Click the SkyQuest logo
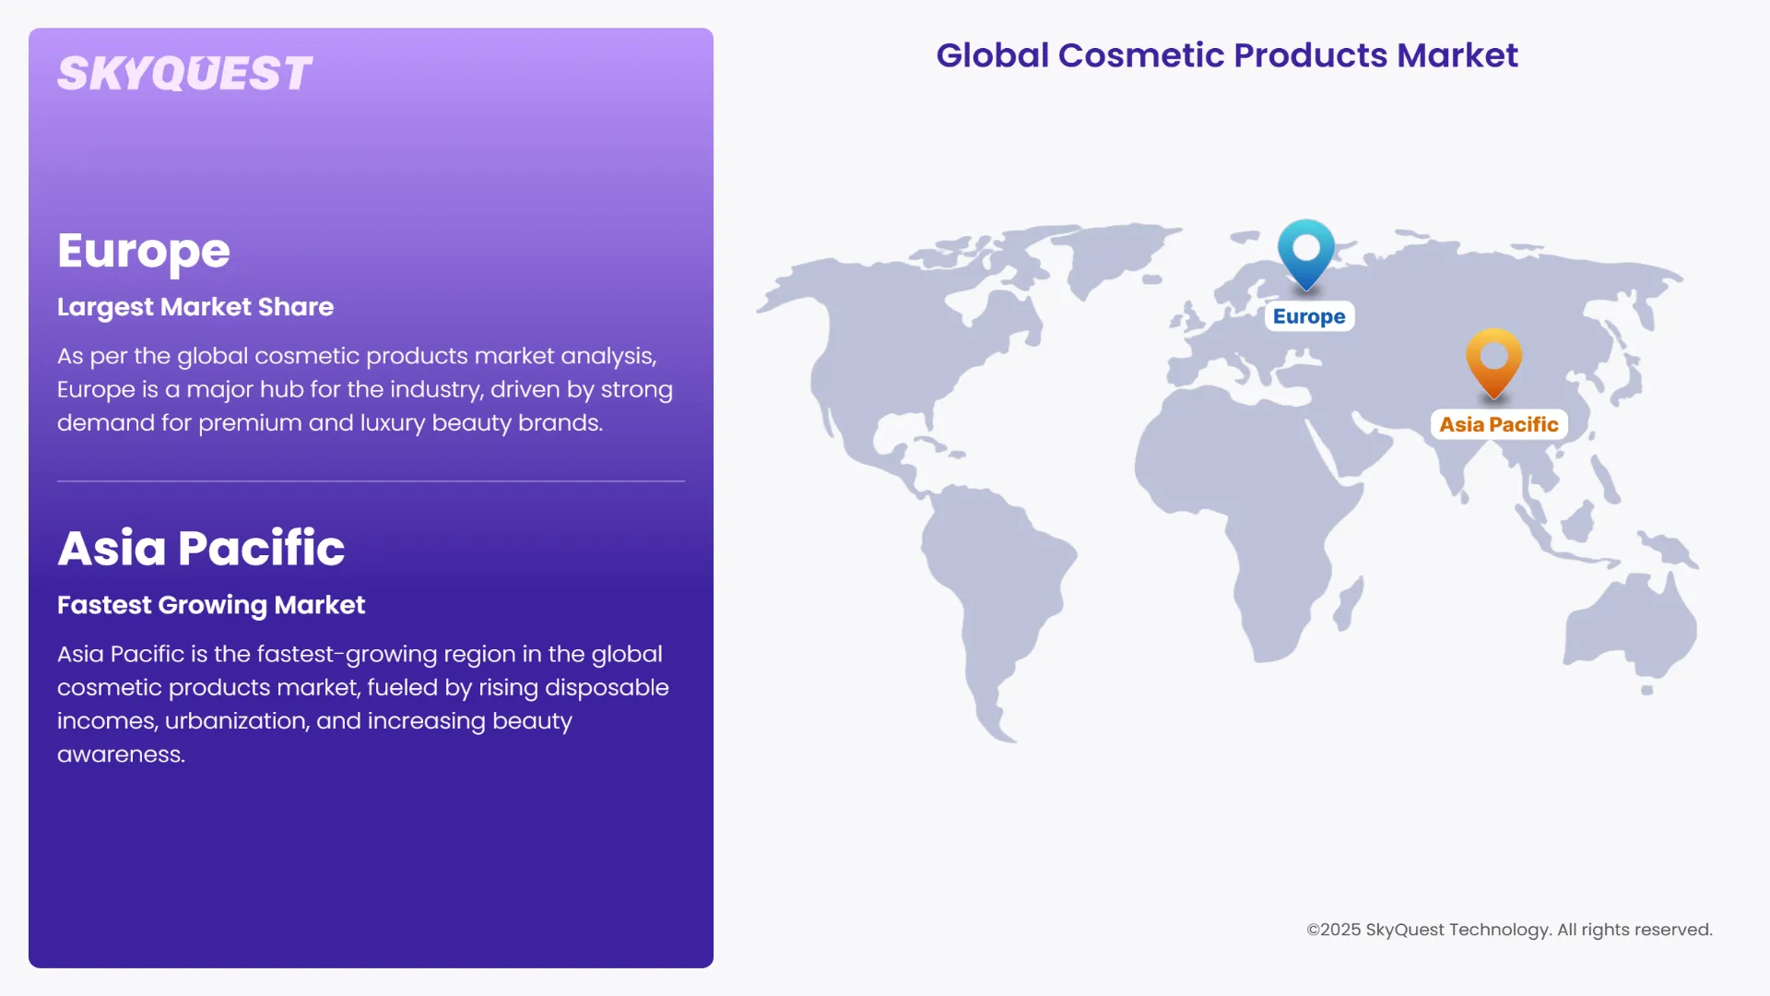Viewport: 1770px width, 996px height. tap(184, 74)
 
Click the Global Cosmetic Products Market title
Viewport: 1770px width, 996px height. tap(1226, 55)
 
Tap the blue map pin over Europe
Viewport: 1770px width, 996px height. tap(1306, 252)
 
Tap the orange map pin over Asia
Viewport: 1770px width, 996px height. tap(1493, 361)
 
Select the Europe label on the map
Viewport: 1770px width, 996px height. tap(1309, 316)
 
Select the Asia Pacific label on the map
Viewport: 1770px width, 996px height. tap(1498, 424)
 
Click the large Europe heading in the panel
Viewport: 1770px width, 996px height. tap(144, 251)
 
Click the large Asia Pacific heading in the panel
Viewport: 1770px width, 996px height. tap(201, 548)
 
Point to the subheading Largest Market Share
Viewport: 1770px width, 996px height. tap(195, 307)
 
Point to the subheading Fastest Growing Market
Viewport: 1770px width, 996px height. tap(211, 605)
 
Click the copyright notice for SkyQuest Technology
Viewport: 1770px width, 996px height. tap(1509, 930)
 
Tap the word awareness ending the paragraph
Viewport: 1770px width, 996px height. tap(120, 754)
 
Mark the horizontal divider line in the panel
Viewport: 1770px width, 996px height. tap(371, 481)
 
